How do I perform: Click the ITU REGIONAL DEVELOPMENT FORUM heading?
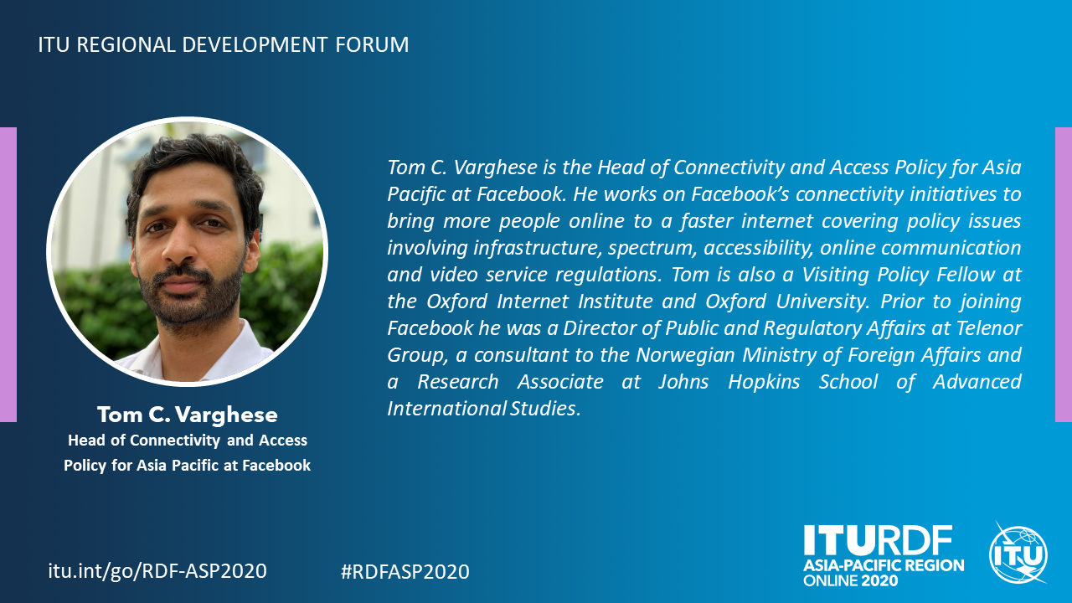tap(224, 44)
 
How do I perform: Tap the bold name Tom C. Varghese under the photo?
tap(188, 415)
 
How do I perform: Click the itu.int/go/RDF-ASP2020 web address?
tap(157, 571)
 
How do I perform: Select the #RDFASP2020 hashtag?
tap(405, 571)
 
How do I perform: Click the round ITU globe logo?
tap(1018, 554)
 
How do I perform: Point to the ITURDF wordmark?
tap(878, 541)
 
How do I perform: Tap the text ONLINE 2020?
tap(850, 581)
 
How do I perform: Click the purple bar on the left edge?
tap(8, 275)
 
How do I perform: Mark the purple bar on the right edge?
tap(1064, 275)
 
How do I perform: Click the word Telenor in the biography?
tap(989, 328)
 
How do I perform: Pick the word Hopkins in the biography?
tap(764, 383)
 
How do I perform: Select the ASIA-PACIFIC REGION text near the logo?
tap(884, 565)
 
